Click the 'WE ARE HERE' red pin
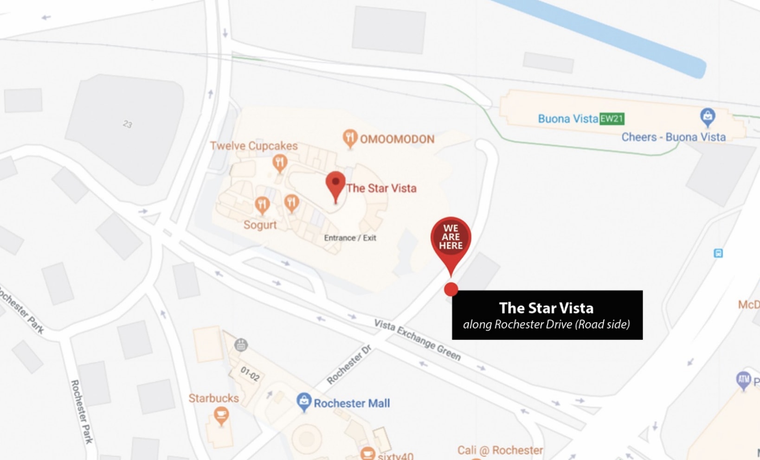[x=451, y=237]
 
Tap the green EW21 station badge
[x=612, y=119]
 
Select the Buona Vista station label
[x=567, y=119]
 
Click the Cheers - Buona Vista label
[x=673, y=137]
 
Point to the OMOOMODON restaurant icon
[x=350, y=138]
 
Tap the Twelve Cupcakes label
[x=254, y=146]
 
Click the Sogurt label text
[x=260, y=225]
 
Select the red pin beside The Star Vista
[x=335, y=185]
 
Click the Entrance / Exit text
[x=350, y=238]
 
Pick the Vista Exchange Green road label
[x=418, y=340]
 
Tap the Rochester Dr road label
[x=349, y=364]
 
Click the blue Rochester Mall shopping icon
[x=303, y=402]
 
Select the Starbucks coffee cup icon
[x=221, y=415]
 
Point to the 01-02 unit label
[x=250, y=373]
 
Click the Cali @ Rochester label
[x=500, y=450]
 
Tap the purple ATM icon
[x=743, y=379]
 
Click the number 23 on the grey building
[x=128, y=124]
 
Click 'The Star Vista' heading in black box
[x=546, y=308]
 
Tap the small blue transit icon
[x=718, y=253]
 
